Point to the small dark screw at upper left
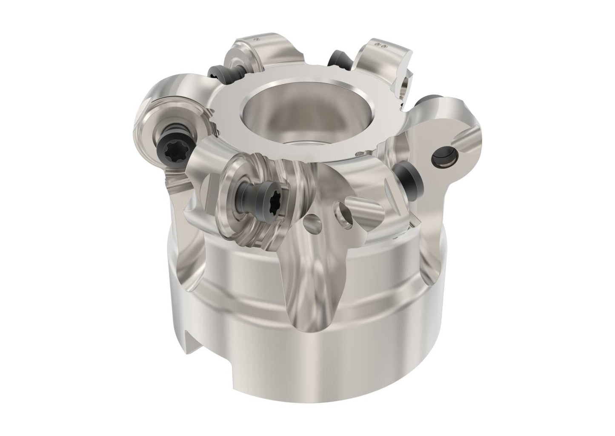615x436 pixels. (x=215, y=72)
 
